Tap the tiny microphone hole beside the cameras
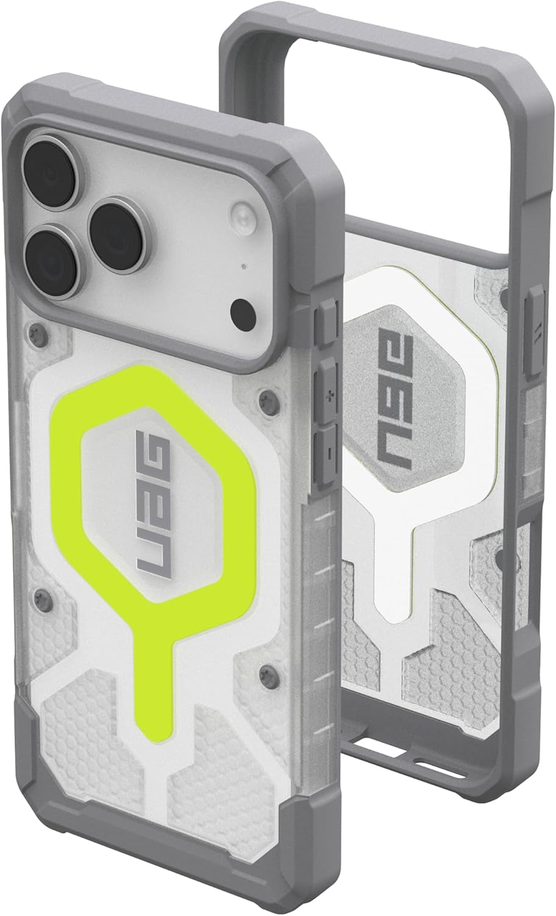[x=244, y=267]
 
